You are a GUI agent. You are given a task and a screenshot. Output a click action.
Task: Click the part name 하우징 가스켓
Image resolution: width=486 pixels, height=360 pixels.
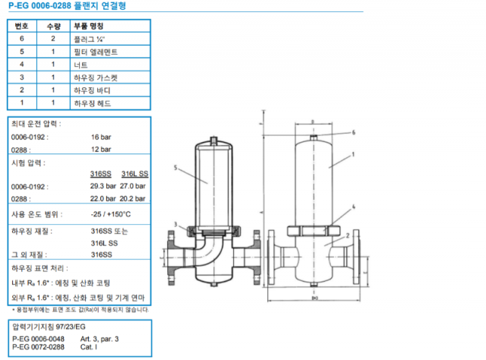coord(96,77)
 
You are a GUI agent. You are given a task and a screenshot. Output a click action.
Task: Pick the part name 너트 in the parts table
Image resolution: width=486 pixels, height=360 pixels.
coord(80,64)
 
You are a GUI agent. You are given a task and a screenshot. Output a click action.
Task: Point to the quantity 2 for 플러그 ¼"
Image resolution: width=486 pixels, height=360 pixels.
coord(53,38)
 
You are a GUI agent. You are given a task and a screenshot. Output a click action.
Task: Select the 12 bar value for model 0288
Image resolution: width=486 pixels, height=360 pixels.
coord(100,150)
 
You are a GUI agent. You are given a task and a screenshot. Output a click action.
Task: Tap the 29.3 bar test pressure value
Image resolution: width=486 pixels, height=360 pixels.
coord(103,185)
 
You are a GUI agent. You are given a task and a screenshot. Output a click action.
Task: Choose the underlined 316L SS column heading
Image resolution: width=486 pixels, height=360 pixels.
coord(134,174)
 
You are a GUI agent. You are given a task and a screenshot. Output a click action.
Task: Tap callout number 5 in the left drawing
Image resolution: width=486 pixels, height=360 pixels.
coord(175,166)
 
